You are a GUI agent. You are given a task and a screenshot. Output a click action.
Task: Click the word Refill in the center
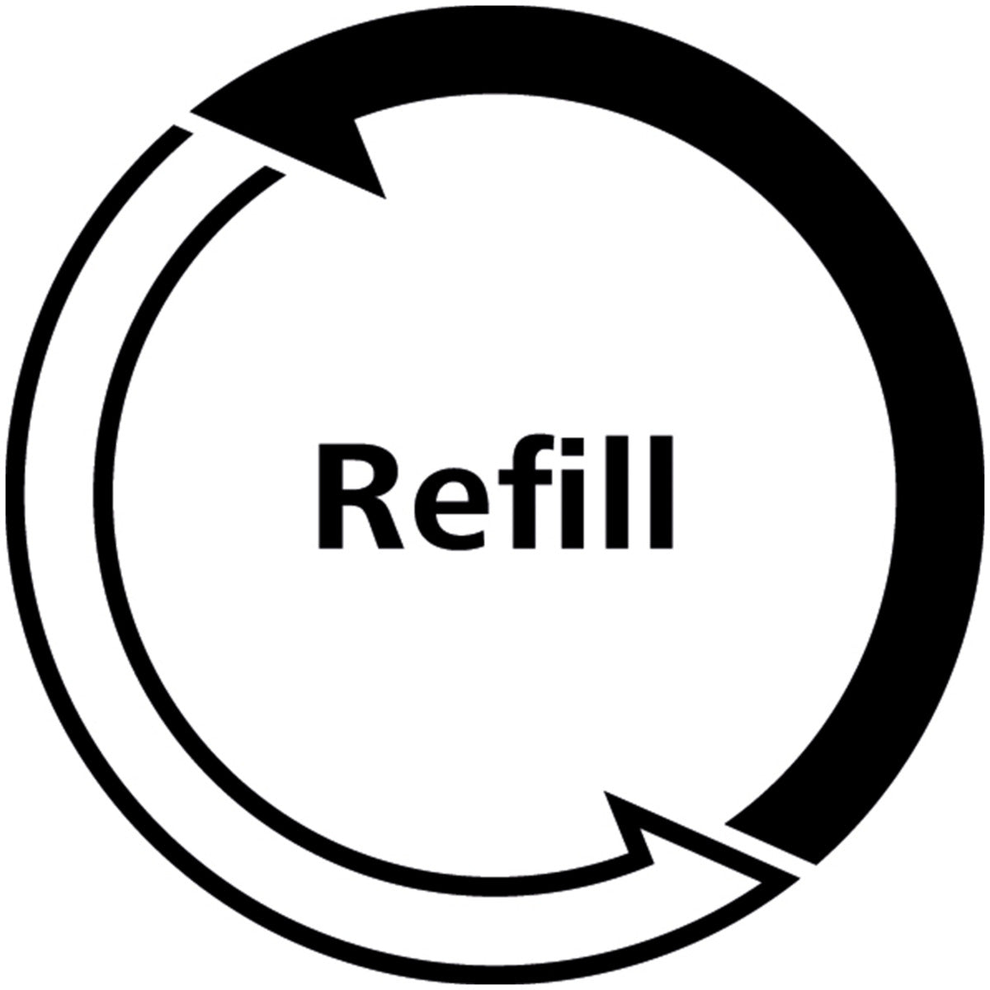click(495, 491)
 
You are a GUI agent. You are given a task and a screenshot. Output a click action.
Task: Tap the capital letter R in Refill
click(361, 496)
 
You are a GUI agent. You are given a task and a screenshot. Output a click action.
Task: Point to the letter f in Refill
click(526, 492)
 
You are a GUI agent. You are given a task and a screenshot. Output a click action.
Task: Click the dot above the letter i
click(573, 447)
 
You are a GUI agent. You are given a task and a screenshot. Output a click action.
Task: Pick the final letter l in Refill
click(662, 493)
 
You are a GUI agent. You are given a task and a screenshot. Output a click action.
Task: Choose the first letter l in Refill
click(617, 493)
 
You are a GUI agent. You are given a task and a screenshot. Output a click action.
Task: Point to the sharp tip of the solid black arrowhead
click(191, 111)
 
